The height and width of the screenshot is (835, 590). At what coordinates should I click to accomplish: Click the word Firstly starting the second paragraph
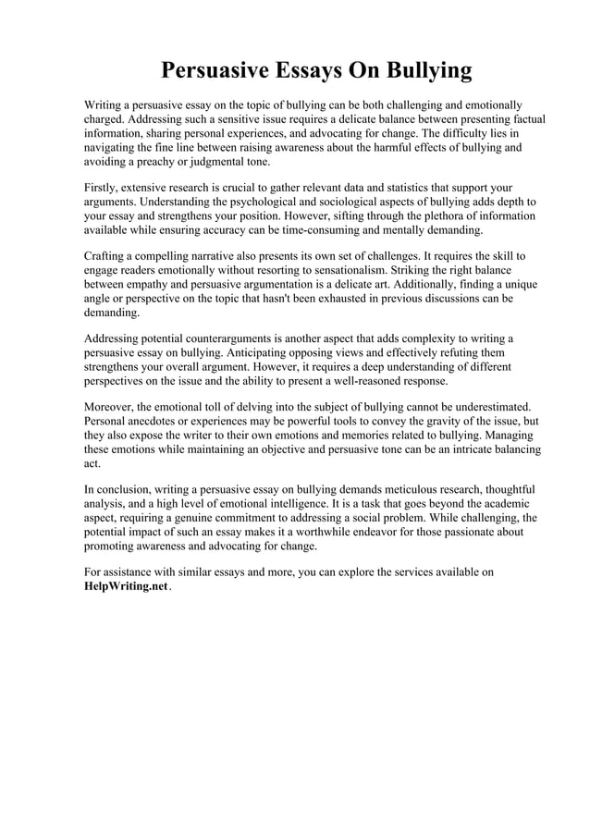(103, 188)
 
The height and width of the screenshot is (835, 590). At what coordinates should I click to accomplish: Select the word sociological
(338, 202)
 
